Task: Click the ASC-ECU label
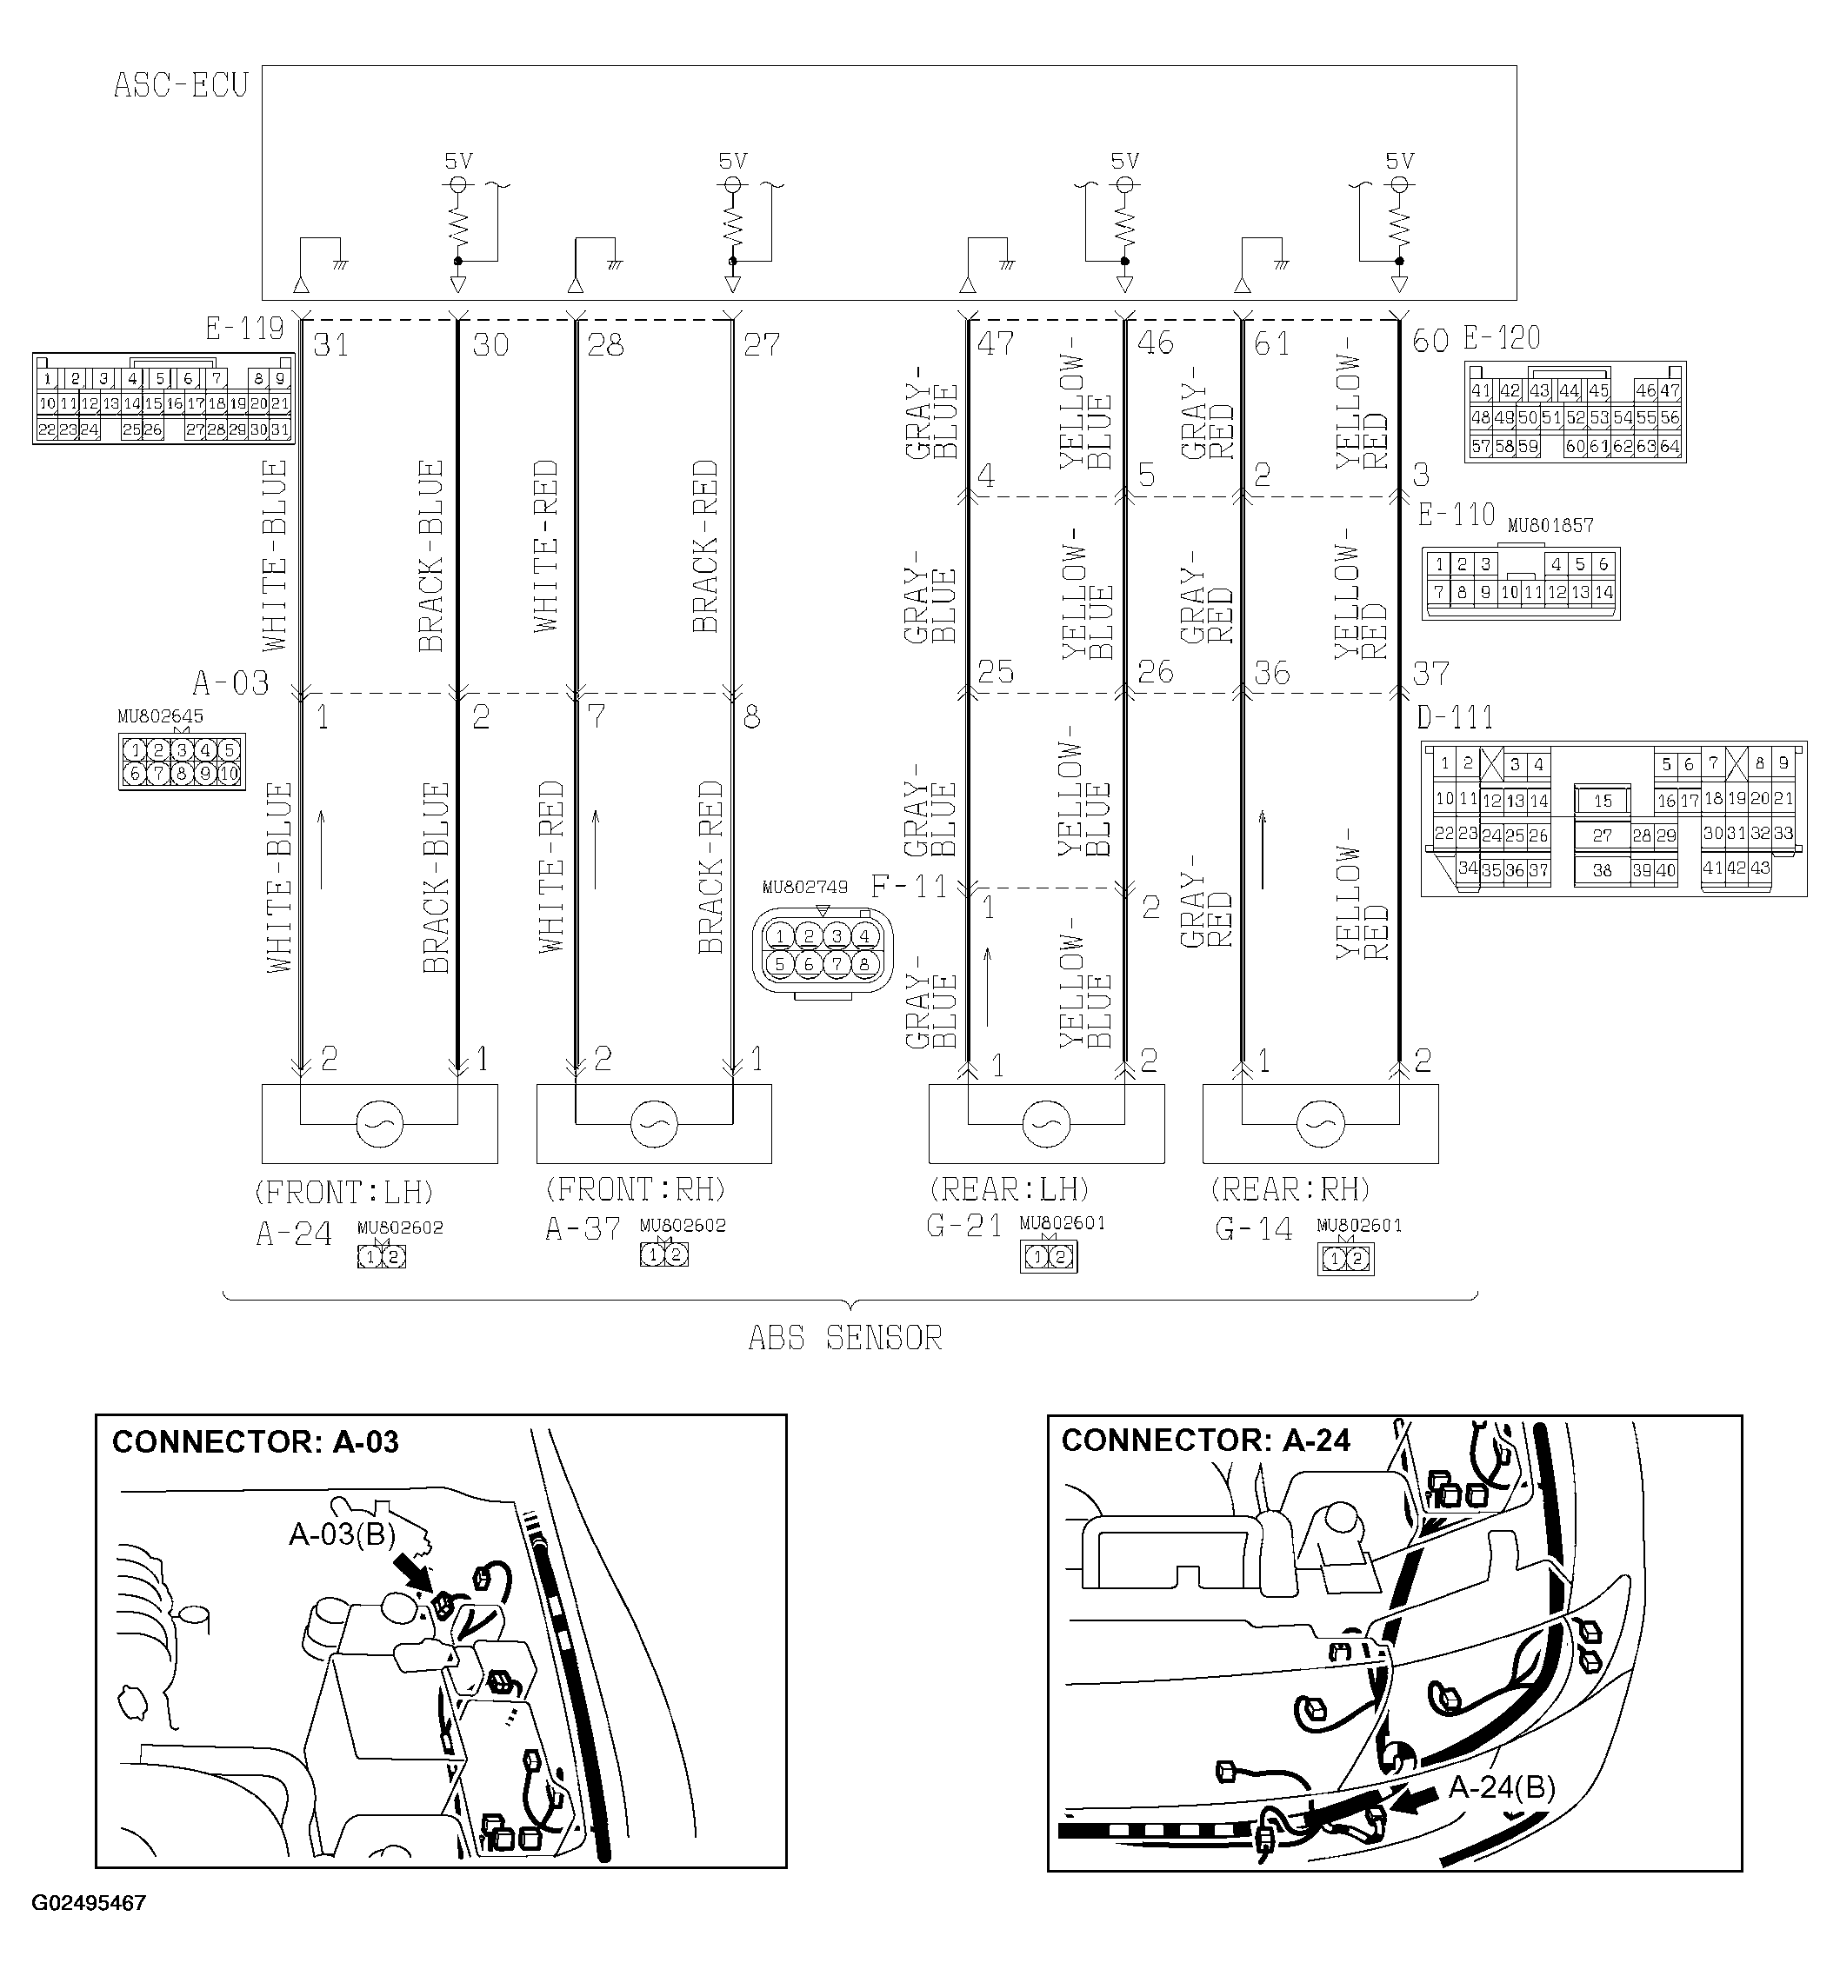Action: pyautogui.click(x=180, y=85)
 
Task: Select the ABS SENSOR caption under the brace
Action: pyautogui.click(x=844, y=1339)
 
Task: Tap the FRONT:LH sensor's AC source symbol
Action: pyautogui.click(x=379, y=1124)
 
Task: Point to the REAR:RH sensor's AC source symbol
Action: pyautogui.click(x=1320, y=1124)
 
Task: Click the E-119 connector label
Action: pyautogui.click(x=243, y=328)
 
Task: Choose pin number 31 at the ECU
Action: pyautogui.click(x=330, y=345)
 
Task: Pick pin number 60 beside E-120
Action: pyautogui.click(x=1430, y=341)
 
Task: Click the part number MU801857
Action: pyautogui.click(x=1550, y=525)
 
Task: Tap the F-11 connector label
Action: pyautogui.click(x=909, y=887)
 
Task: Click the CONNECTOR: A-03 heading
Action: pyautogui.click(x=256, y=1442)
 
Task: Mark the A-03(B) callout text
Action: pyautogui.click(x=342, y=1534)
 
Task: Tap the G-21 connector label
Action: pyautogui.click(x=963, y=1227)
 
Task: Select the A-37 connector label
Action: pyautogui.click(x=583, y=1229)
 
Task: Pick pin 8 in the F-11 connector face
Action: pyautogui.click(x=863, y=963)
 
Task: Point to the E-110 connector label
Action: pyautogui.click(x=1456, y=515)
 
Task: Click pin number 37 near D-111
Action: pyautogui.click(x=1430, y=674)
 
